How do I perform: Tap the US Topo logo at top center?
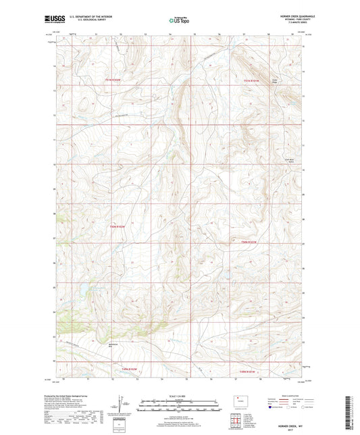tap(180, 20)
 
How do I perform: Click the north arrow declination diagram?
tap(123, 406)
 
